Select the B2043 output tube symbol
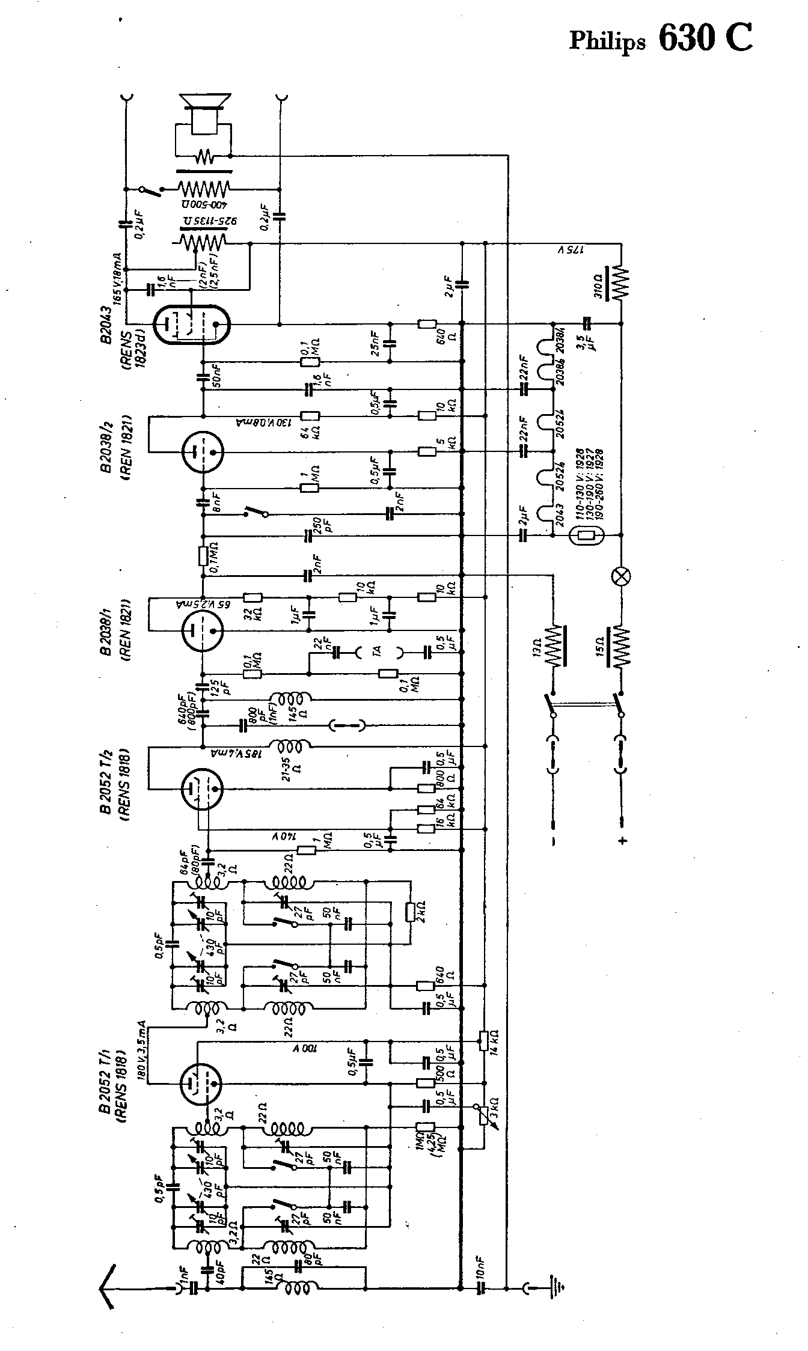[192, 325]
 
